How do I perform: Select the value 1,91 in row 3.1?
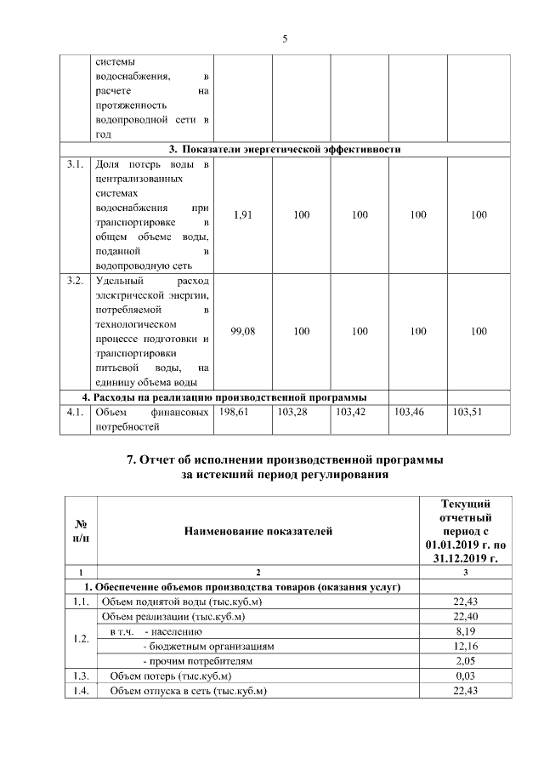click(x=242, y=215)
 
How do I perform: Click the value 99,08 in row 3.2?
click(x=242, y=331)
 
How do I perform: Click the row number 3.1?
click(x=75, y=163)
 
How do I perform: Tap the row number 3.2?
click(x=75, y=280)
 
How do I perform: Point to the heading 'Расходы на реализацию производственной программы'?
click(x=224, y=397)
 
